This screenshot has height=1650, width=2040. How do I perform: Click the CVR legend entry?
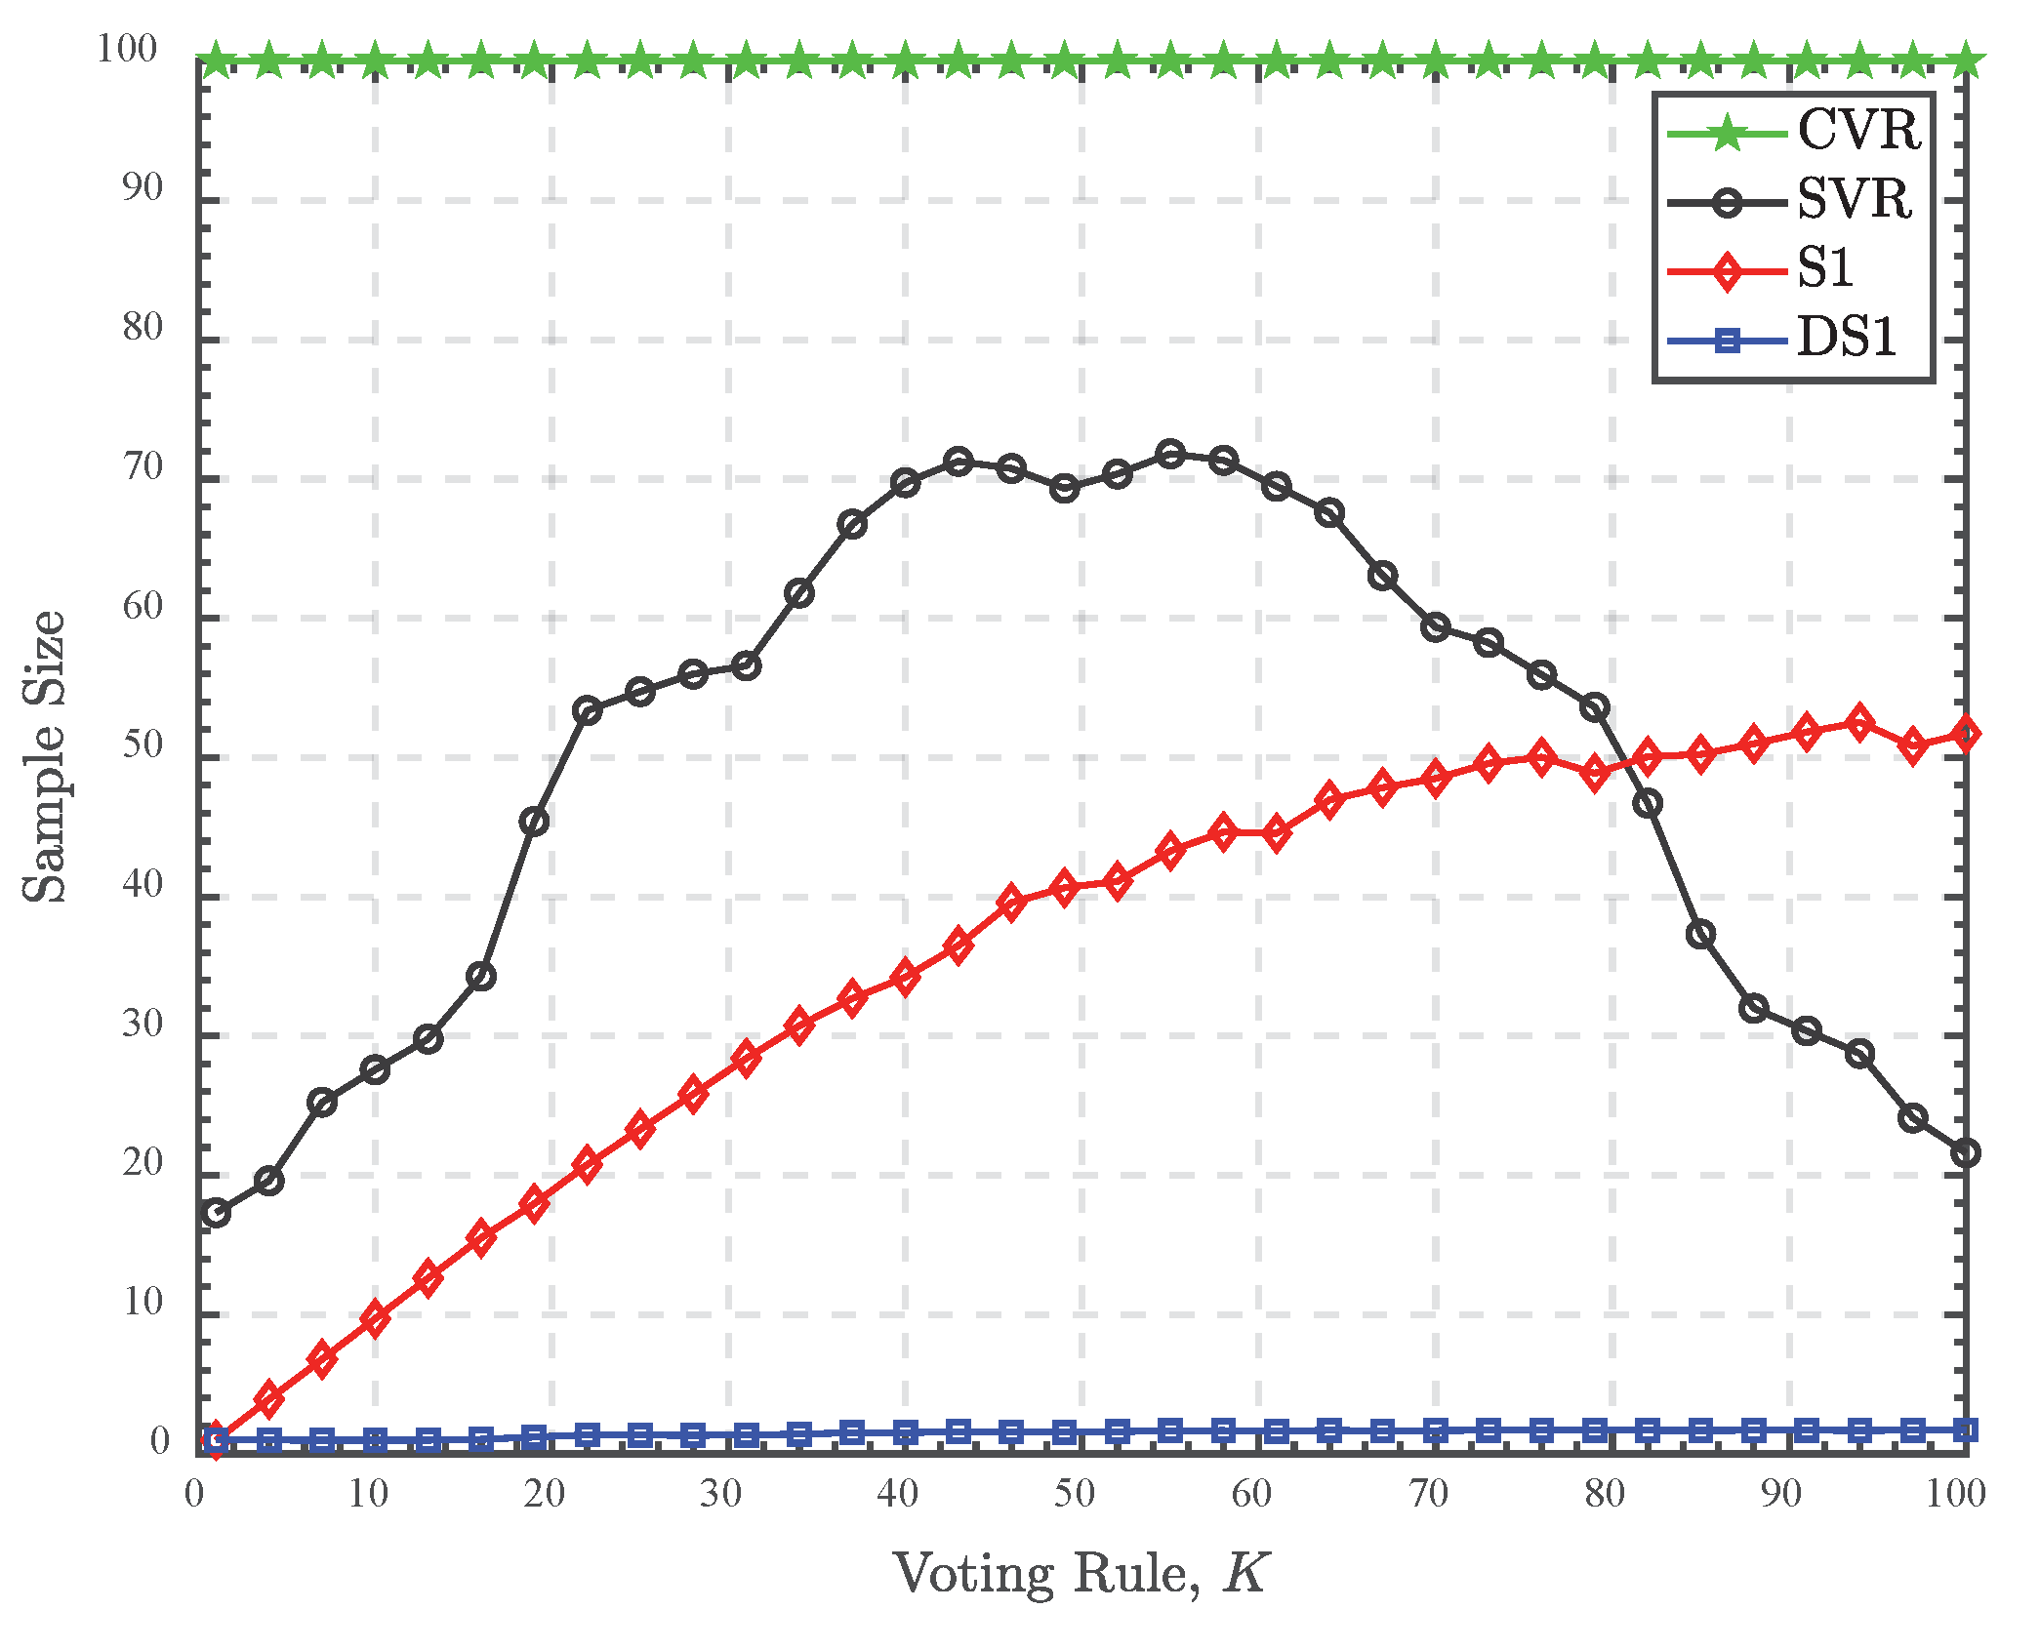1857,130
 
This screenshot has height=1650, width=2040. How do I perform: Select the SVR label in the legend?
1854,200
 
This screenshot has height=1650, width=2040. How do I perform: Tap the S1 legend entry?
1825,268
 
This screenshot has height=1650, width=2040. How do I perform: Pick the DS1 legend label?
1847,339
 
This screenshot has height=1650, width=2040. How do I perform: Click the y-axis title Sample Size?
45,757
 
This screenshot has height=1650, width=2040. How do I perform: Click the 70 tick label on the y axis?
143,467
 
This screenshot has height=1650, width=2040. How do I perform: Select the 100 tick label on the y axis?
127,49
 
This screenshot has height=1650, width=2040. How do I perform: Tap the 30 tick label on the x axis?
720,1494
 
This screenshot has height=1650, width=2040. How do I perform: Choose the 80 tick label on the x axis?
1605,1494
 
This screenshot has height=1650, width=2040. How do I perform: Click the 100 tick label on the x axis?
1955,1494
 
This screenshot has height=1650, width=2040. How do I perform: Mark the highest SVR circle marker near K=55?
1170,454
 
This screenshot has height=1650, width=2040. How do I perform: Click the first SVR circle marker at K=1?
216,1213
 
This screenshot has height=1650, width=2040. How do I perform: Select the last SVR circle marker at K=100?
1965,1153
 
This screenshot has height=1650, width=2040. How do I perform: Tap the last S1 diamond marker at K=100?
1965,734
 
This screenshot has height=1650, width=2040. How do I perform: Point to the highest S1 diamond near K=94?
1859,722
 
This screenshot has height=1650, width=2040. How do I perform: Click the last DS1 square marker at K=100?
1965,1430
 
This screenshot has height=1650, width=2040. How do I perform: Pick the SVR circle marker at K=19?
534,822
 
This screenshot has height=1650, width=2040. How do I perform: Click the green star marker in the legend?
1728,132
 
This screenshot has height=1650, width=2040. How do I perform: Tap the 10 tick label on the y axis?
143,1303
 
